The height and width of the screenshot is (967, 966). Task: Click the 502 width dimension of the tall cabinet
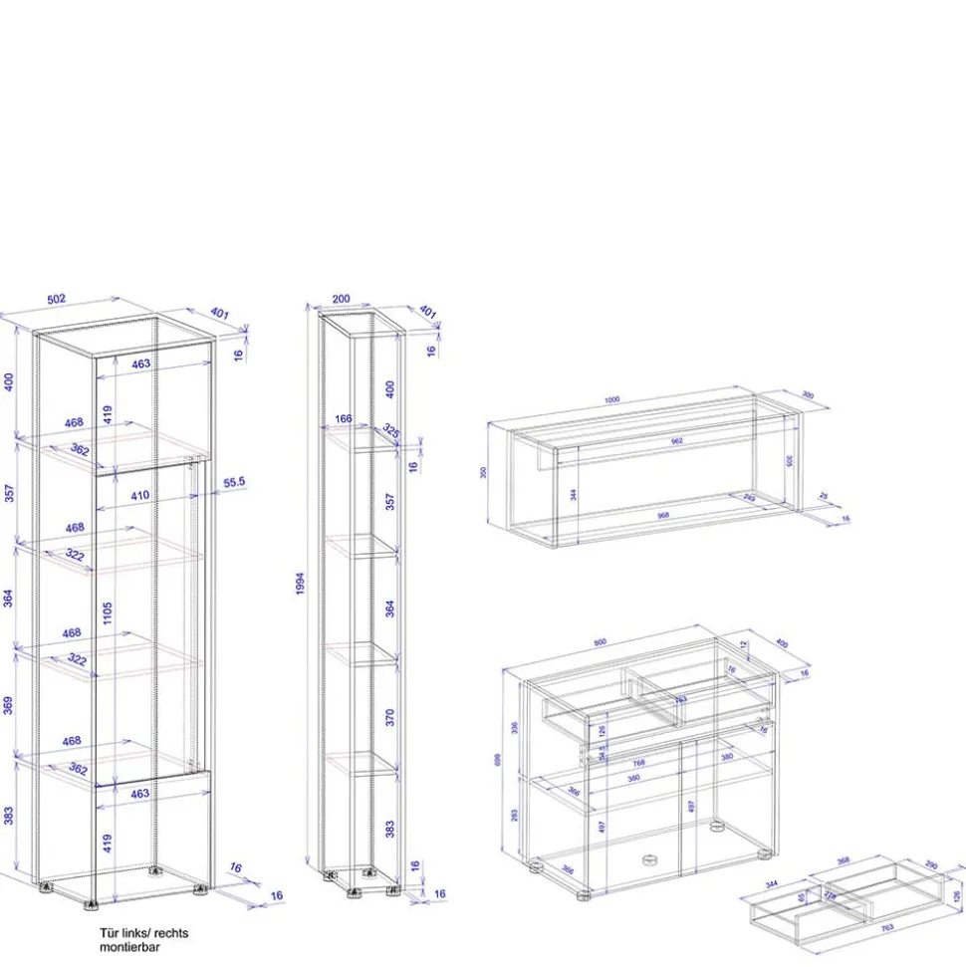coord(56,299)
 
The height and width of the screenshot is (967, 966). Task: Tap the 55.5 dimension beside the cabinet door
coord(235,481)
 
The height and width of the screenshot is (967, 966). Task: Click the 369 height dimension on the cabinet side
coord(8,706)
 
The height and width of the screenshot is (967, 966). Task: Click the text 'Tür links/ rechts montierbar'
coord(143,940)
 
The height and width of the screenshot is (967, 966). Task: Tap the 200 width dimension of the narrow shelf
coord(341,299)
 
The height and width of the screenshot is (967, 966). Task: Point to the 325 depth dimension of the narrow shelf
coord(390,431)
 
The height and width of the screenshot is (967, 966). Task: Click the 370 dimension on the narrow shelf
coord(390,717)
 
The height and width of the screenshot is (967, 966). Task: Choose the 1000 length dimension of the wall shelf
coord(611,399)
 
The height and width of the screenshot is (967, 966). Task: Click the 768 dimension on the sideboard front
coord(638,763)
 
